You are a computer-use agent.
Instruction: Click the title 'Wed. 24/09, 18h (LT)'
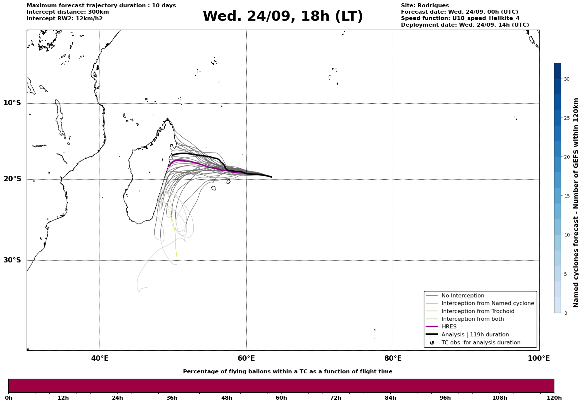tap(283, 16)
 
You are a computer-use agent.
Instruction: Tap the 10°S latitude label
tap(12, 103)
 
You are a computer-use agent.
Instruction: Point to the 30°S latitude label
tap(12, 260)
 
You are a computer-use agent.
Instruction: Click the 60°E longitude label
tap(246, 358)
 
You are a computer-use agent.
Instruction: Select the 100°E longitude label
tap(539, 358)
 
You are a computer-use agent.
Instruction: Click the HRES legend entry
tap(449, 327)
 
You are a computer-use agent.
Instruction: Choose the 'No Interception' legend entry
tap(463, 296)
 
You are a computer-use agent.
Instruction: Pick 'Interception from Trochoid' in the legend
tap(478, 311)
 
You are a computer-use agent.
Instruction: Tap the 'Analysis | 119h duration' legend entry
tap(475, 335)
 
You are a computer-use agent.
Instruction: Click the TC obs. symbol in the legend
tap(432, 343)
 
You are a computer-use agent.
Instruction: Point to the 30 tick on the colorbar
tap(566, 79)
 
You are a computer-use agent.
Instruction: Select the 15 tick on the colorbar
tap(566, 196)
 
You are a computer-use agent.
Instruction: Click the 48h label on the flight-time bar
tap(227, 398)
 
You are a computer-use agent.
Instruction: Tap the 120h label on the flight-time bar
tap(554, 398)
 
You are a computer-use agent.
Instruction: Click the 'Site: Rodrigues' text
tap(425, 6)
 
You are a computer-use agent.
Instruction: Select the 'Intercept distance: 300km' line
tap(68, 12)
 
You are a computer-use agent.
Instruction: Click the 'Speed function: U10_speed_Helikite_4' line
tap(460, 18)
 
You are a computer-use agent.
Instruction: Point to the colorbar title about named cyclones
tap(576, 202)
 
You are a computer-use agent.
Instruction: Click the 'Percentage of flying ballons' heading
tap(288, 372)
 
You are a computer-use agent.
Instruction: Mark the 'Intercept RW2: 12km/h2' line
tap(65, 18)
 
